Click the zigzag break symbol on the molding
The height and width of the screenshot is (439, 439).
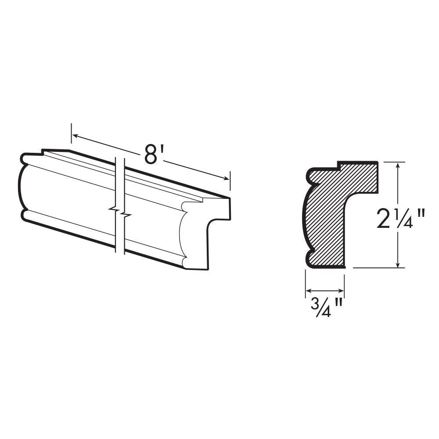pos(119,212)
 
